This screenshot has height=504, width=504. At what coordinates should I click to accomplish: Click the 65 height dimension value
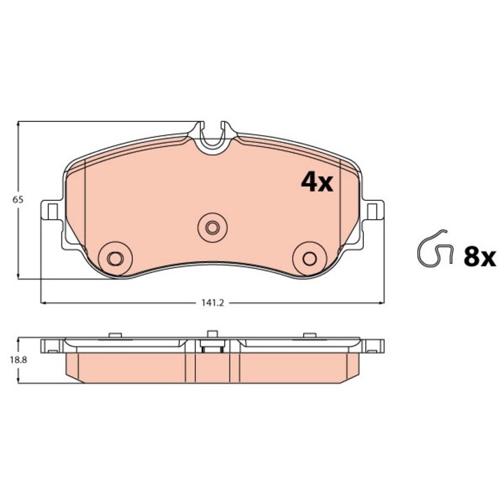(18, 199)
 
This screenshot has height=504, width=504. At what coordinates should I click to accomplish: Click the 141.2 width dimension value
(211, 303)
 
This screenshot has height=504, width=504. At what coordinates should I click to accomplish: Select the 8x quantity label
(479, 257)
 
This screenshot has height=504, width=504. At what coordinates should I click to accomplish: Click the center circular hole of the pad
(211, 225)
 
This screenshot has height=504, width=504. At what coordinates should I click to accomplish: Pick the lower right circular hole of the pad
(308, 255)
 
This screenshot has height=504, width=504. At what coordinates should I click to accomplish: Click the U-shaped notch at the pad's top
(211, 136)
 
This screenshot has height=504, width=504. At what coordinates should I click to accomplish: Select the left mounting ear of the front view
(51, 210)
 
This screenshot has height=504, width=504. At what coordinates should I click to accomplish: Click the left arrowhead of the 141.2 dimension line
(45, 303)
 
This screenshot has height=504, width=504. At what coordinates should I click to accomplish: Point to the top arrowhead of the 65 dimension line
(18, 125)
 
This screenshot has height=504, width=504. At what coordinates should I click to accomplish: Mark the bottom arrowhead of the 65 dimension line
(18, 277)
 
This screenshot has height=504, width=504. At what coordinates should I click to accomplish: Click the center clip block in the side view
(210, 344)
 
